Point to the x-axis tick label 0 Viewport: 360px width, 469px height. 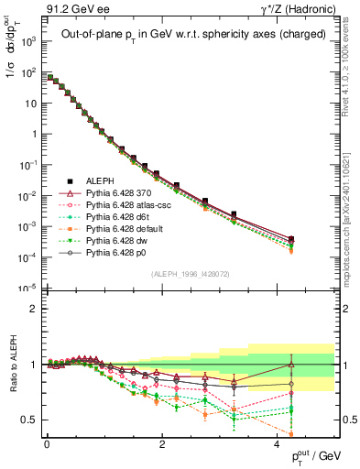[46, 442]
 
